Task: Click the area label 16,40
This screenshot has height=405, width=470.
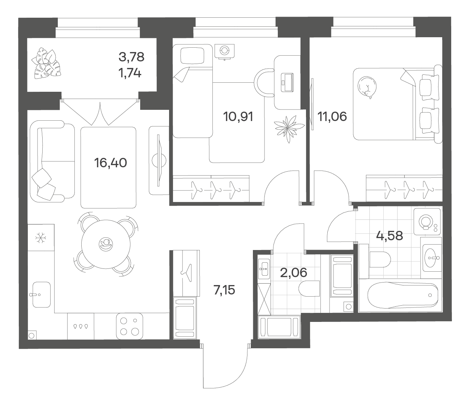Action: pos(111,163)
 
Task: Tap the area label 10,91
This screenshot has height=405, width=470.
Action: pos(238,117)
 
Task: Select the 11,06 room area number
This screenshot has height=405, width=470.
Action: pos(332,117)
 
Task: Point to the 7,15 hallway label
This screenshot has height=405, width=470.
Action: pos(224,290)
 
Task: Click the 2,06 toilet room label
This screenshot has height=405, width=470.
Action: pos(294,272)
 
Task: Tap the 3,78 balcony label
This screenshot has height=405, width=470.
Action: pos(131,57)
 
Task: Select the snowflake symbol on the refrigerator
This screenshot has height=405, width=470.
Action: pos(41,238)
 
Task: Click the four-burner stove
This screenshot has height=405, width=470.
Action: pos(130,327)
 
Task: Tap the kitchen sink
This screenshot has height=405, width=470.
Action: pos(41,295)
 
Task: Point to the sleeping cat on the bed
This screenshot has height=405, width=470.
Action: pos(367,87)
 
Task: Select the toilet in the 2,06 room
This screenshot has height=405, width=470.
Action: pos(309,288)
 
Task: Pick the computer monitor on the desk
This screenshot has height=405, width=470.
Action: pos(287,82)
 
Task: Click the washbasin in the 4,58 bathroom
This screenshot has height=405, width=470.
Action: pos(432,258)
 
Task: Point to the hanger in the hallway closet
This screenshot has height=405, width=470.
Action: pos(186,273)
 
